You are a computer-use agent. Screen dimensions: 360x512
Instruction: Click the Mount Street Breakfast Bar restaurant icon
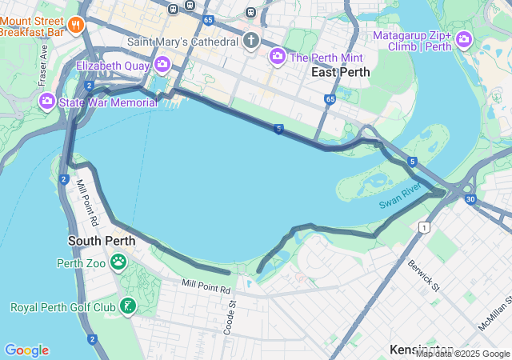[x=76, y=25]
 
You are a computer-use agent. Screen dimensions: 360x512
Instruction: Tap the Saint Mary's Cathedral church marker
[x=251, y=41]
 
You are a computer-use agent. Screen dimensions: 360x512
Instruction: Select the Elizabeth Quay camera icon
[x=162, y=64]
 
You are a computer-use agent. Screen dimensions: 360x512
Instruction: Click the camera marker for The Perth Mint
[x=278, y=56]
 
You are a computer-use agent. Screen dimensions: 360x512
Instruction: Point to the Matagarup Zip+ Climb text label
[x=412, y=41]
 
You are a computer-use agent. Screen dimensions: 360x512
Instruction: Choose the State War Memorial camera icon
[x=46, y=102]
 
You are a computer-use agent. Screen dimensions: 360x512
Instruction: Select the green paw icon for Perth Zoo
[x=118, y=262]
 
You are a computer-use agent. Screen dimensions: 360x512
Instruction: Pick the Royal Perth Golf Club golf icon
[x=127, y=306]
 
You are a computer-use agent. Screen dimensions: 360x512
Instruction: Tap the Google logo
[x=26, y=350]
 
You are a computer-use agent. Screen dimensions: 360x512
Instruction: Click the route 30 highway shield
[x=470, y=198]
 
